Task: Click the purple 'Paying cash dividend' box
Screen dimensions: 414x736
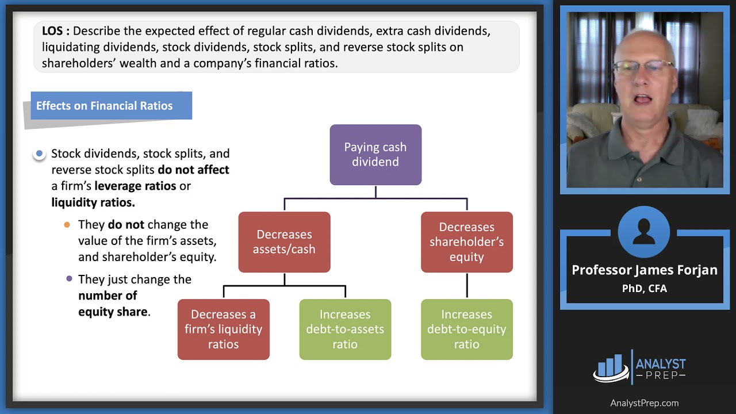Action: [375, 155]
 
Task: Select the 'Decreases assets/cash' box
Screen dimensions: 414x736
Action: [284, 242]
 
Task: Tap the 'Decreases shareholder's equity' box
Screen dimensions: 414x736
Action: [466, 242]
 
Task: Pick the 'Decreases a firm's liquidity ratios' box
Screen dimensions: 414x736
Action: [223, 329]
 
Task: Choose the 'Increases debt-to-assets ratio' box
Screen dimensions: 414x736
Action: [345, 329]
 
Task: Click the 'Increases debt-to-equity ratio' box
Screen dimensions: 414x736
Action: [466, 329]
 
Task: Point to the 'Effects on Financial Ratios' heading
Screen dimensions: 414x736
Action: [105, 106]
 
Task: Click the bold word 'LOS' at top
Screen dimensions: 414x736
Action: [55, 31]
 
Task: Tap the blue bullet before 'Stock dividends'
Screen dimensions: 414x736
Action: [39, 154]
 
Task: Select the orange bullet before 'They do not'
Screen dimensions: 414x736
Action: [67, 224]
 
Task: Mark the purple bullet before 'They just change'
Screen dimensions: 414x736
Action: [70, 279]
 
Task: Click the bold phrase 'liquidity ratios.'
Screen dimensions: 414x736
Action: [93, 202]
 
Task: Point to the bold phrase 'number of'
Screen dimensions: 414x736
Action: [108, 296]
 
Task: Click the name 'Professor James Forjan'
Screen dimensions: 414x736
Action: [644, 270]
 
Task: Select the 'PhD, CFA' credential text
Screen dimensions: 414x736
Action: [644, 289]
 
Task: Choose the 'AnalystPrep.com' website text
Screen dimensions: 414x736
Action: [644, 403]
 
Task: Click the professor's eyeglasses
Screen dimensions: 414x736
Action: [643, 68]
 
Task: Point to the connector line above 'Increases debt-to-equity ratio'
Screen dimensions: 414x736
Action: [467, 285]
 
